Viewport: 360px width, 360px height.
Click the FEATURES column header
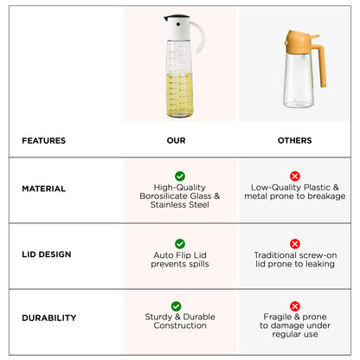click(x=44, y=140)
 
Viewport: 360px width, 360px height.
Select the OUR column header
click(x=176, y=140)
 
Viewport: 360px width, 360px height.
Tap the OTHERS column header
click(x=294, y=140)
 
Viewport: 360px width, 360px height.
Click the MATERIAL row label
click(x=44, y=189)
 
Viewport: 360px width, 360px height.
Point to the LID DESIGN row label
click(x=47, y=254)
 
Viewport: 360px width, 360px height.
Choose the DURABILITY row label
click(x=49, y=318)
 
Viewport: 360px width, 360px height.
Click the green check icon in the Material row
click(x=180, y=176)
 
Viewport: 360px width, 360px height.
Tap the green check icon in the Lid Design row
click(x=180, y=244)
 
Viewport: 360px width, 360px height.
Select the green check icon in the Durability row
click(x=176, y=306)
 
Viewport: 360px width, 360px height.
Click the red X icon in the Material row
click(x=295, y=176)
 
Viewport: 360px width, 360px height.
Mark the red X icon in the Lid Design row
click(x=295, y=244)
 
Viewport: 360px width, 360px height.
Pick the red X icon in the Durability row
click(x=295, y=306)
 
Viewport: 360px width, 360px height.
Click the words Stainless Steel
click(x=180, y=205)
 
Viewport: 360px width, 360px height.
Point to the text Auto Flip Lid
click(x=180, y=255)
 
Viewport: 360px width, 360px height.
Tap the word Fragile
click(x=277, y=317)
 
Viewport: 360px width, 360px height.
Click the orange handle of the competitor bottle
click(x=321, y=64)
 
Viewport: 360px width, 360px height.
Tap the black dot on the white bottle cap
click(x=178, y=24)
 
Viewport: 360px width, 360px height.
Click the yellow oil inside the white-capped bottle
click(x=179, y=94)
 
